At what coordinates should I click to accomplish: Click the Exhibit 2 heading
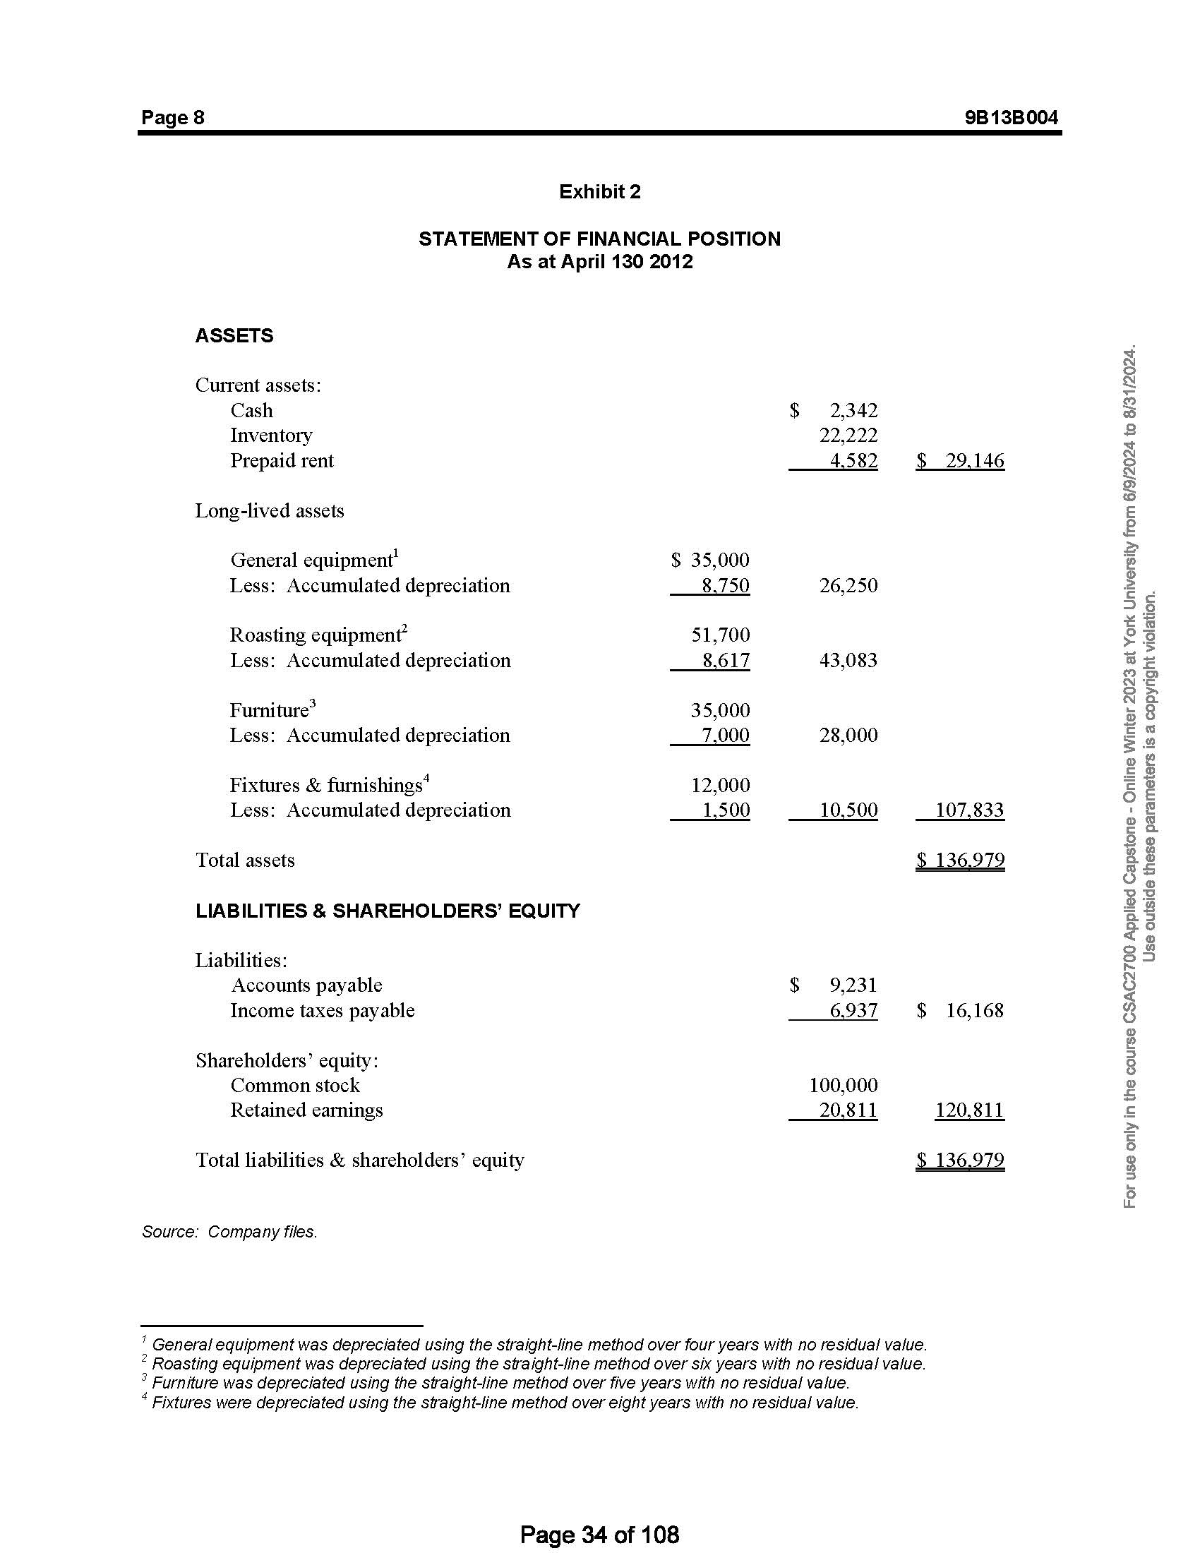pyautogui.click(x=599, y=191)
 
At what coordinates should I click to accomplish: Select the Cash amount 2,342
pyautogui.click(x=853, y=410)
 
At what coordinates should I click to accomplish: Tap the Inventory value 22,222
pyautogui.click(x=848, y=435)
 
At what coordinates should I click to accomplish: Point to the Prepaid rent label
pyautogui.click(x=282, y=461)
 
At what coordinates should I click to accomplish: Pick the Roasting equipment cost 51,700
pyautogui.click(x=720, y=635)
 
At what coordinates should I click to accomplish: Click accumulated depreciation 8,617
pyautogui.click(x=726, y=661)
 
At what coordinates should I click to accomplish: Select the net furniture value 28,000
pyautogui.click(x=848, y=736)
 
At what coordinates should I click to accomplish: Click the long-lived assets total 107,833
pyautogui.click(x=969, y=810)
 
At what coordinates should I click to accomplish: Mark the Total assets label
pyautogui.click(x=244, y=861)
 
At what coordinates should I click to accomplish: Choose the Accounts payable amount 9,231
pyautogui.click(x=853, y=985)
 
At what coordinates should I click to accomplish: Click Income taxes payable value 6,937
pyautogui.click(x=853, y=1010)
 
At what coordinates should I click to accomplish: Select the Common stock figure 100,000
pyautogui.click(x=843, y=1085)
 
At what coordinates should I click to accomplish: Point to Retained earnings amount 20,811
pyautogui.click(x=848, y=1110)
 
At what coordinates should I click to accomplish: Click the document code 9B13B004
pyautogui.click(x=1011, y=117)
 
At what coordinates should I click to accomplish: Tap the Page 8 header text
pyautogui.click(x=173, y=117)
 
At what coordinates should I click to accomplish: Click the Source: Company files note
pyautogui.click(x=229, y=1232)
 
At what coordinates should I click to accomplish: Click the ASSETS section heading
pyautogui.click(x=234, y=335)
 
